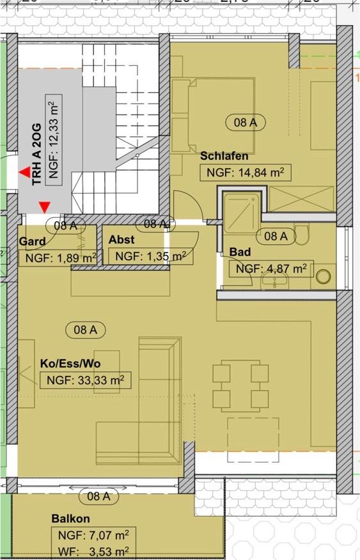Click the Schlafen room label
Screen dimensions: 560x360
click(x=224, y=156)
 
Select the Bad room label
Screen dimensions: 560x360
click(x=240, y=253)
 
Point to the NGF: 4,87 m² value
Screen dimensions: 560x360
click(x=271, y=268)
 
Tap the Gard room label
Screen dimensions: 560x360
click(x=32, y=242)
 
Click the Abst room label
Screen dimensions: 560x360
click(x=121, y=240)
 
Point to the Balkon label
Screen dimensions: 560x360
click(x=71, y=518)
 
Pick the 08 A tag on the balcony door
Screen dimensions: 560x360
click(x=98, y=495)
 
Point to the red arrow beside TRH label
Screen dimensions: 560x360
click(x=26, y=172)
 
